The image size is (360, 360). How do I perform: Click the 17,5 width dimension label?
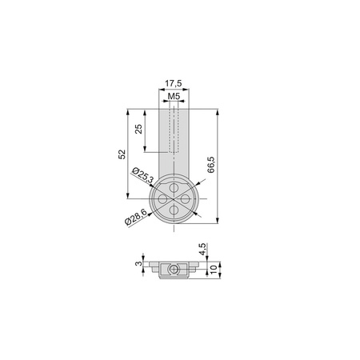pos(174,82)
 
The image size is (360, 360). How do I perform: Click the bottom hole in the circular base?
pos(174,209)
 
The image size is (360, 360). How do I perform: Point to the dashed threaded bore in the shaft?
pos(174,132)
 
